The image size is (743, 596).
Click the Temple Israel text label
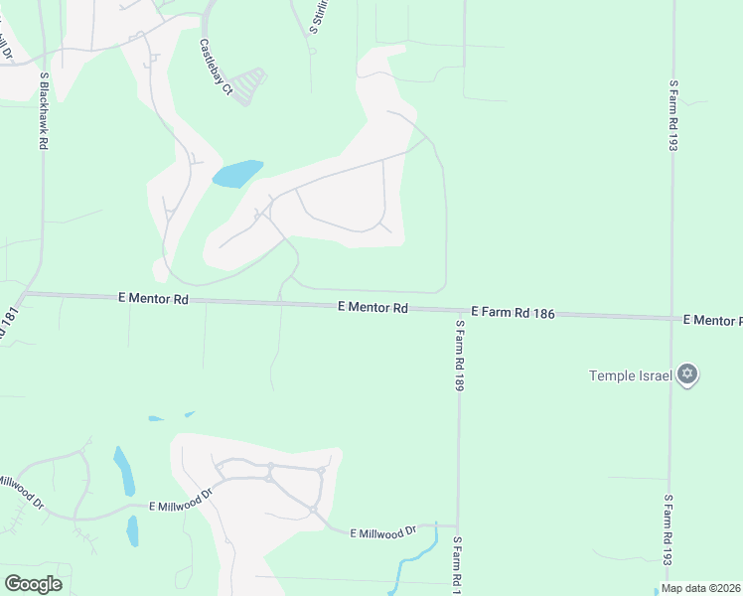632,375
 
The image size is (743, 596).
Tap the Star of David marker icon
686,374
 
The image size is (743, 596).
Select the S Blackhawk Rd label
44,111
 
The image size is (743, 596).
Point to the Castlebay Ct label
216,68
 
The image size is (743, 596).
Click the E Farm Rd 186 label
513,312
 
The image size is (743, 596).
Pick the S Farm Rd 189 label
460,355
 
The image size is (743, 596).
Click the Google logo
33,584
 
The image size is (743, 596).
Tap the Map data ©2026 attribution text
700,588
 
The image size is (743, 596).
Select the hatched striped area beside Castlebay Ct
249,85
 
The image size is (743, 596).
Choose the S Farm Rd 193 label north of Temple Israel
673,115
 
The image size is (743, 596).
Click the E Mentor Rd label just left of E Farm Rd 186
372,308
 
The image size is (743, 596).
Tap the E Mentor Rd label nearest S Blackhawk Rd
153,297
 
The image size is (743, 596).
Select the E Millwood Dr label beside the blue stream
383,532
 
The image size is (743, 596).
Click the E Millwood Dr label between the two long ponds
183,506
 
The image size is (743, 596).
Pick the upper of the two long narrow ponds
124,471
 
